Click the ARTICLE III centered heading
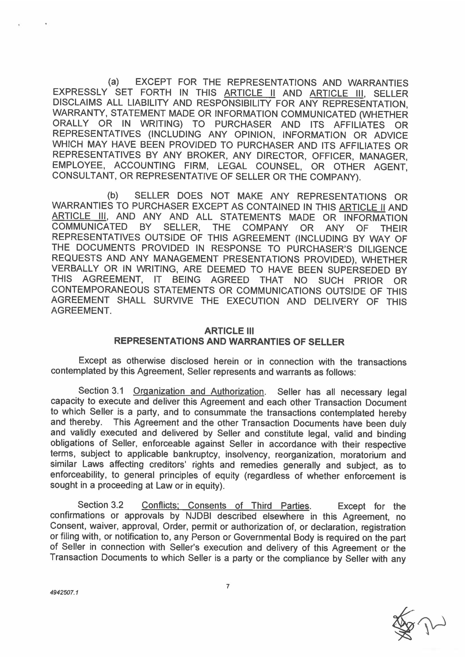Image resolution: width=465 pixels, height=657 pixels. point(229,331)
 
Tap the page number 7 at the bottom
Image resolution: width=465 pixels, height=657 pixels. point(228,586)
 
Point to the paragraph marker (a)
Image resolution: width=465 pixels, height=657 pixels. point(113,82)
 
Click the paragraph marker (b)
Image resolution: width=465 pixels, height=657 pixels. point(113,195)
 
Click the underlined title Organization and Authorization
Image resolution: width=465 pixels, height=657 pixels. point(199,391)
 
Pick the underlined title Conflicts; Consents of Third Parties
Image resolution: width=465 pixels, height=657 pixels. point(226,506)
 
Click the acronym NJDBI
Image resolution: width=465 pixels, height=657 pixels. point(198,516)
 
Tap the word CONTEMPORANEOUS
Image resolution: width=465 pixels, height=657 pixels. point(101,290)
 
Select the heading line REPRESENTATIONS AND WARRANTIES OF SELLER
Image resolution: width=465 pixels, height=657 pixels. point(229,342)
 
